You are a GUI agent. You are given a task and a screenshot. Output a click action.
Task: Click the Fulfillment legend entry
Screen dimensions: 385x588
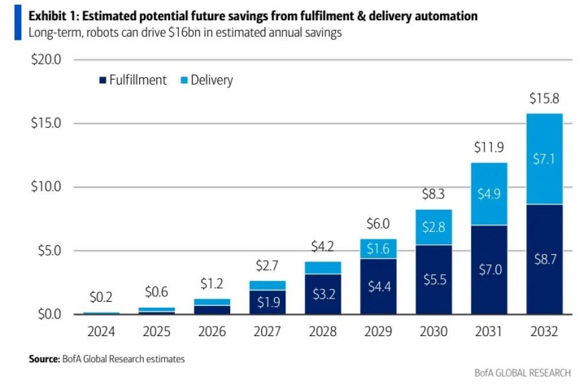tap(132, 80)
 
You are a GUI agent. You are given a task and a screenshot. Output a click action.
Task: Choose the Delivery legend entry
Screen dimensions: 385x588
tap(205, 80)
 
